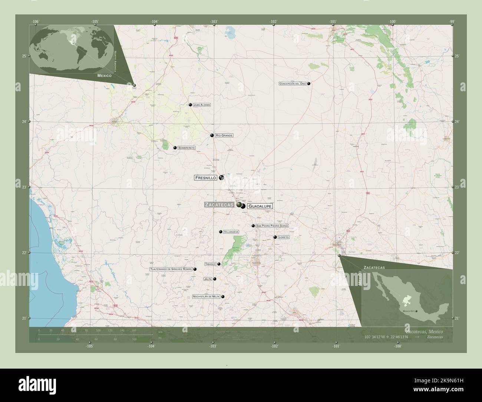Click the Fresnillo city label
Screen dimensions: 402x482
tap(205, 178)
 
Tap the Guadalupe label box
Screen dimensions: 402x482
tap(260, 206)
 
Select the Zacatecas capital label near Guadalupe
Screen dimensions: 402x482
tap(220, 205)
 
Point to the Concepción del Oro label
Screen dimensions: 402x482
tap(293, 84)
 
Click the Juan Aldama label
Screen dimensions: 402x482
tap(202, 105)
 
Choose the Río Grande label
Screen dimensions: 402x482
tap(224, 136)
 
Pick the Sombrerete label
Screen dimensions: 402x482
tap(186, 148)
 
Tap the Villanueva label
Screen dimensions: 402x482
tap(231, 232)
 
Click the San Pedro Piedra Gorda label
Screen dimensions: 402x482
tap(272, 226)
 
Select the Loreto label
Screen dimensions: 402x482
tap(283, 237)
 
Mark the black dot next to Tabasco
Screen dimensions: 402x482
tap(219, 264)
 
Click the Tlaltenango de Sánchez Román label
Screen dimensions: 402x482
tap(171, 269)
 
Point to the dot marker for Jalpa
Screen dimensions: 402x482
tap(214, 279)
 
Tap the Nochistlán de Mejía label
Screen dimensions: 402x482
tap(206, 297)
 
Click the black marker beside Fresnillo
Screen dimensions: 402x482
tap(221, 178)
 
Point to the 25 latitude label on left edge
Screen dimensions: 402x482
tap(24, 56)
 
